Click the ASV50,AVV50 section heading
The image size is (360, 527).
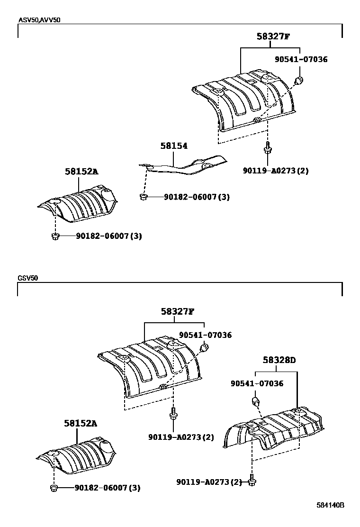pyautogui.click(x=40, y=20)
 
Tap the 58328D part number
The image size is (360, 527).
pyautogui.click(x=279, y=361)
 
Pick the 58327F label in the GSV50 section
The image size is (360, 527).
pyautogui.click(x=177, y=312)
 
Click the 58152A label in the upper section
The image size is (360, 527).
pyautogui.click(x=81, y=172)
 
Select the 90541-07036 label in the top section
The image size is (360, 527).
pyautogui.click(x=301, y=60)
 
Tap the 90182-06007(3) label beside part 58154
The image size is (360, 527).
pyautogui.click(x=197, y=197)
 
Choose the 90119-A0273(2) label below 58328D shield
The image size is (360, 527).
pyautogui.click(x=209, y=482)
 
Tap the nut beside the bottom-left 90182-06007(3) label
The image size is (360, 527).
pyautogui.click(x=54, y=488)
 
